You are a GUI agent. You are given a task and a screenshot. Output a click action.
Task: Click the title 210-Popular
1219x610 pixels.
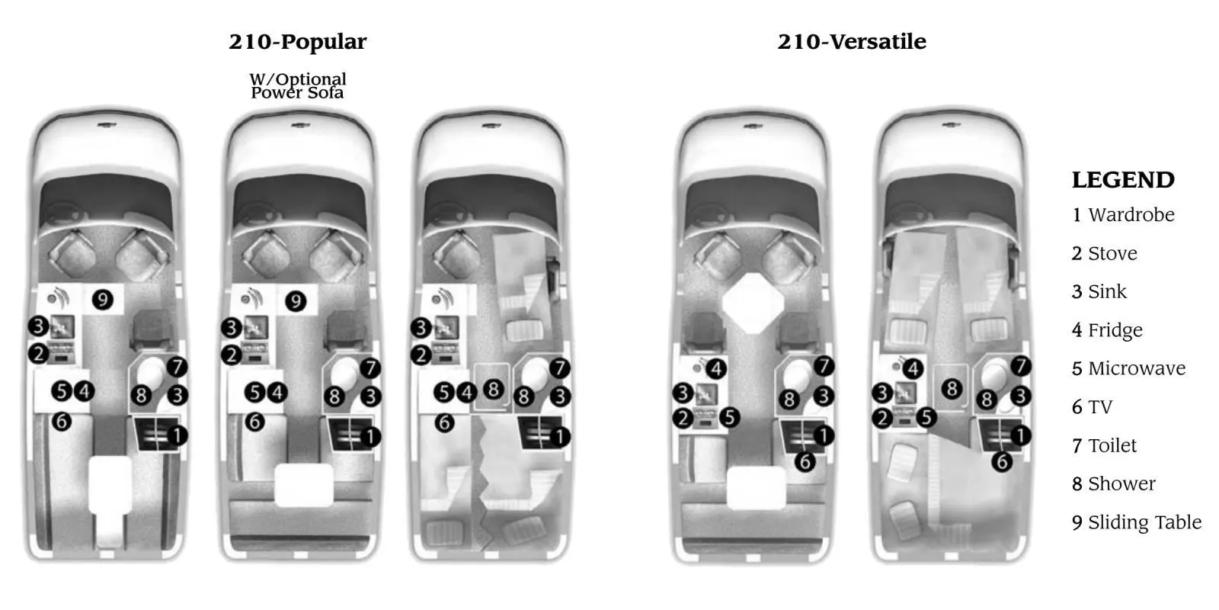298,42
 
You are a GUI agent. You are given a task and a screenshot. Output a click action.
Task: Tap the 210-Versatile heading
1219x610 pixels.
852,42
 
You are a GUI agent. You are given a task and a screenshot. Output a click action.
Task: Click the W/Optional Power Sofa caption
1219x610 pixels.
298,86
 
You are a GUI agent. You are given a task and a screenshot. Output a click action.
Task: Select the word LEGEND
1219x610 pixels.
1123,180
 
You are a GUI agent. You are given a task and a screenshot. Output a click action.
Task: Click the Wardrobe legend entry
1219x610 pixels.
1123,214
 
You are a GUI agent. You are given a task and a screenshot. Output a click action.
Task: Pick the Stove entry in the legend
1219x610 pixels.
1105,253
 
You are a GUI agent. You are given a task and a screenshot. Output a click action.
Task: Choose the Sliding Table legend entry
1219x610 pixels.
1137,522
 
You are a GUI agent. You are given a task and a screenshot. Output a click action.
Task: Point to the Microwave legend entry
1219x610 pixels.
1128,369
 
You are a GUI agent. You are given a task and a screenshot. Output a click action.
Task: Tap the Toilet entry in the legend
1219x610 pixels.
1104,445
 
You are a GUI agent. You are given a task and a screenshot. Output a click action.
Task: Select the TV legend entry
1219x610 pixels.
1093,407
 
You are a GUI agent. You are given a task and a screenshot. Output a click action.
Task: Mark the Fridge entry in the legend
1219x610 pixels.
1108,330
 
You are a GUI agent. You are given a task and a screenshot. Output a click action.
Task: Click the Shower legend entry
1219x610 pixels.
1114,483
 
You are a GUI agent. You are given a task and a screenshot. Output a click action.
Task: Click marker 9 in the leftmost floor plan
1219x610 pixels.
102,300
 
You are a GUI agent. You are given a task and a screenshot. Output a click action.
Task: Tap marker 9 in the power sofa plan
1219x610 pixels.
296,301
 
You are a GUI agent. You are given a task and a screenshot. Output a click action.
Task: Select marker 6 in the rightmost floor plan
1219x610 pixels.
1002,462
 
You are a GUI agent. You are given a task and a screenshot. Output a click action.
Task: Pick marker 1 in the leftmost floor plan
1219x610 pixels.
177,435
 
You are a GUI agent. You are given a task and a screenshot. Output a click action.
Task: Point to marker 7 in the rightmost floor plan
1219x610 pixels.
1021,365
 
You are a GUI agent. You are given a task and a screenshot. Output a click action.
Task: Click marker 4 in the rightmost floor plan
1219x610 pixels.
913,369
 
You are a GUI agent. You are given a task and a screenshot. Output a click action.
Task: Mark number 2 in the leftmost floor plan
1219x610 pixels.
39,354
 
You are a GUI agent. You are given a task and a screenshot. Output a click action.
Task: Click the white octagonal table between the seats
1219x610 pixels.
753,303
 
